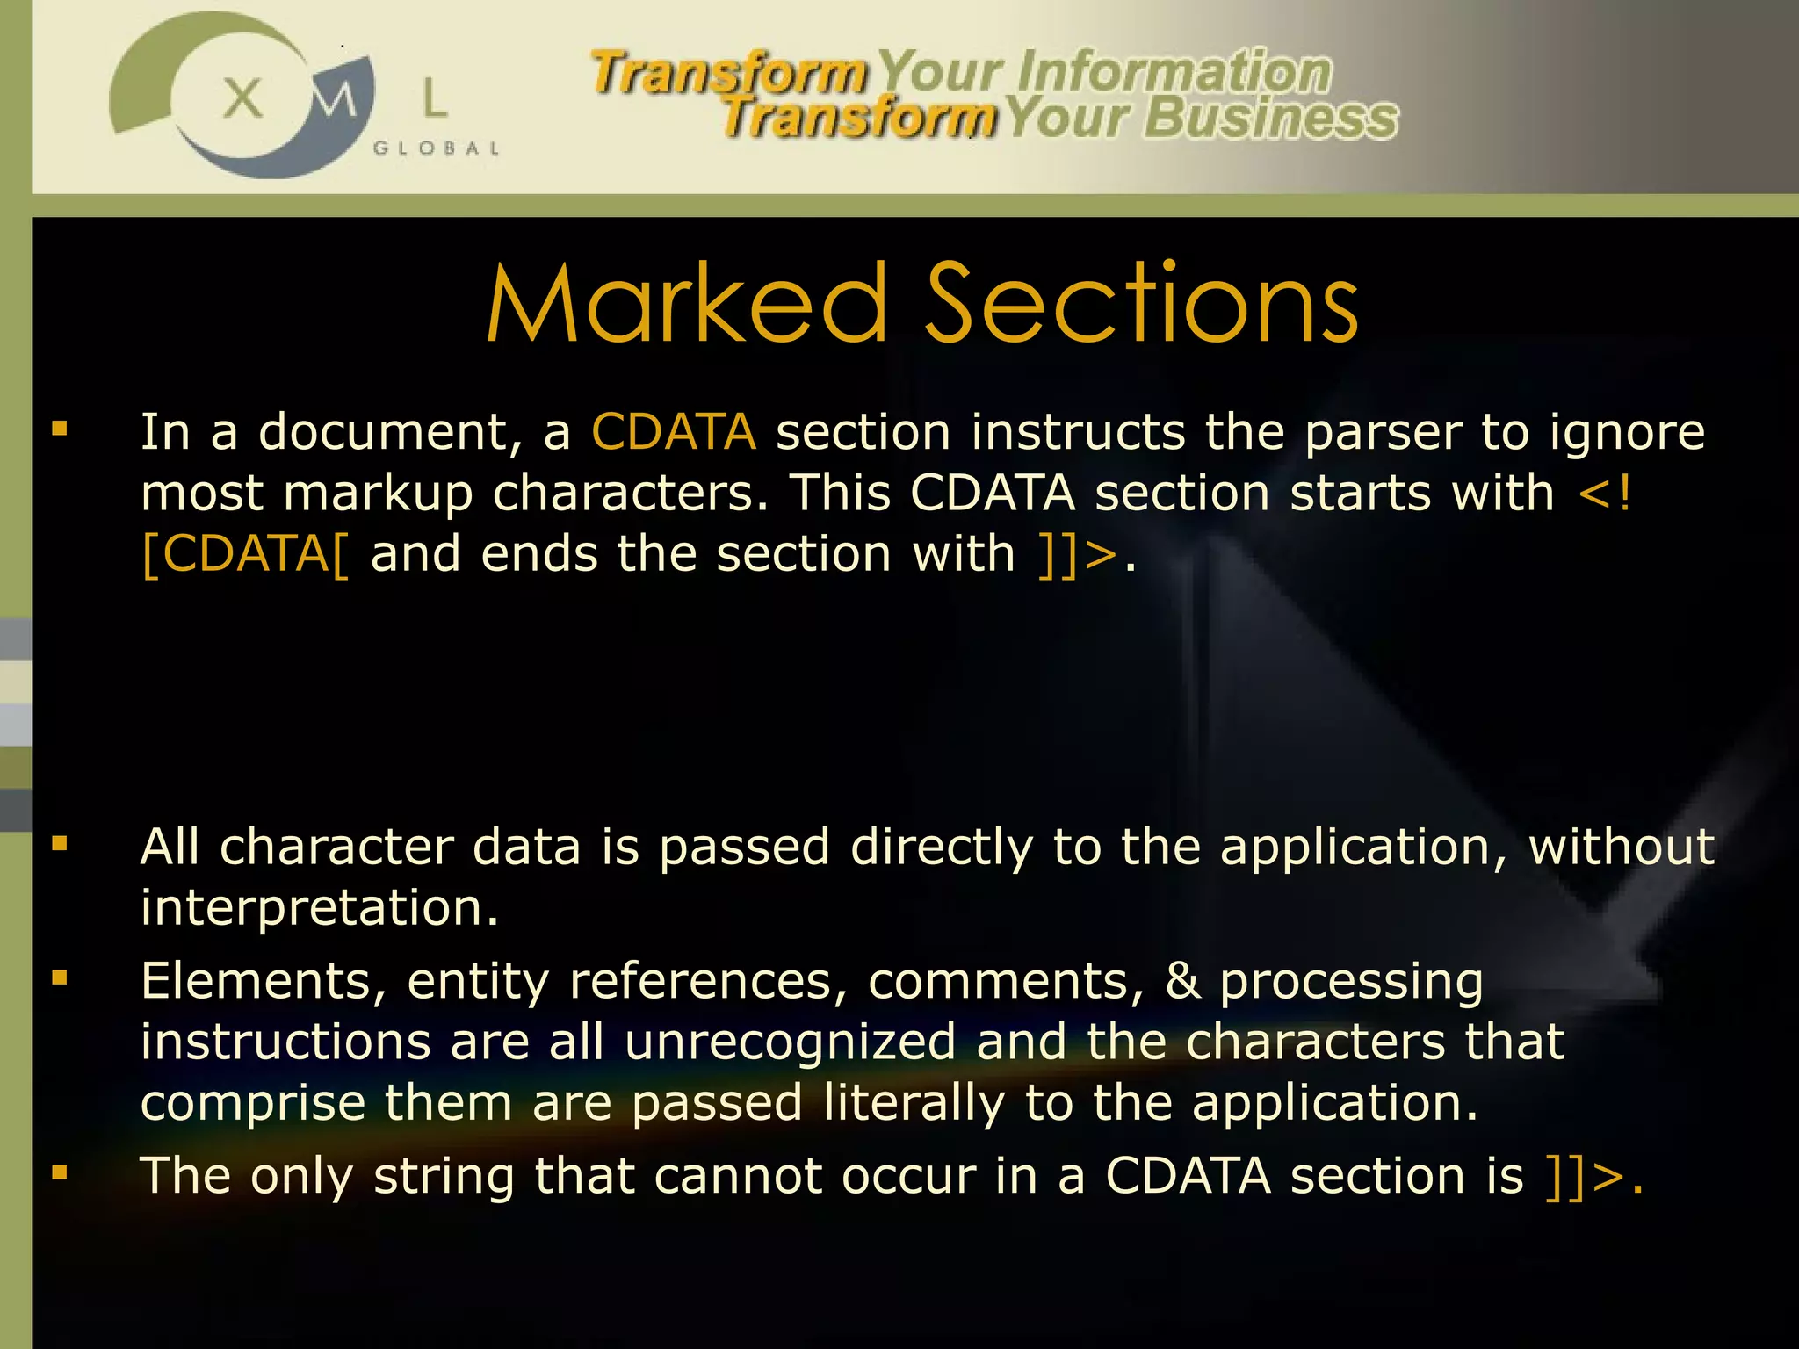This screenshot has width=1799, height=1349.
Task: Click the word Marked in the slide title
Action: tap(688, 304)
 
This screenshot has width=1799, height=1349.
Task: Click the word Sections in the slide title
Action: tap(1142, 304)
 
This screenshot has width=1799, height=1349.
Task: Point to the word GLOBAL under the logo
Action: tap(437, 148)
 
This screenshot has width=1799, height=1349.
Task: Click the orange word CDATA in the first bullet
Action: tap(673, 432)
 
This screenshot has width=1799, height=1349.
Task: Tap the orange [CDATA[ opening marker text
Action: tap(245, 555)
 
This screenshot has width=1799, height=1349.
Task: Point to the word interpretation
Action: tap(319, 908)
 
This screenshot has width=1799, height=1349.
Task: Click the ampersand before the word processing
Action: tap(1182, 981)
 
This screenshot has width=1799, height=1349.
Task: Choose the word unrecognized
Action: tap(790, 1042)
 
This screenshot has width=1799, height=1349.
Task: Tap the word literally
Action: tap(914, 1104)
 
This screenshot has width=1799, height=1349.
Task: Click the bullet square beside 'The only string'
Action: tap(60, 1172)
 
